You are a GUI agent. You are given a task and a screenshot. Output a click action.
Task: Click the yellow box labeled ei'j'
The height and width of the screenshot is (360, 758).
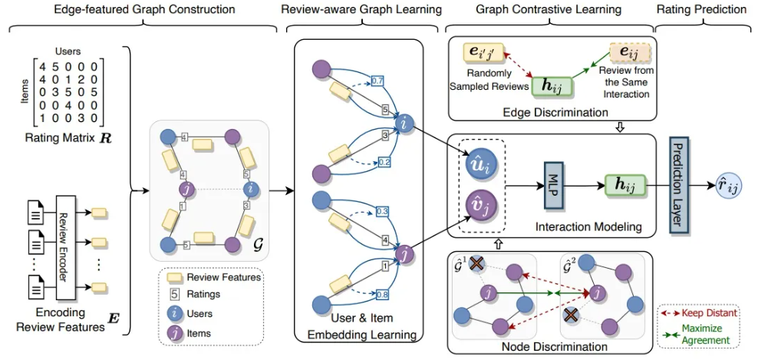click(x=482, y=54)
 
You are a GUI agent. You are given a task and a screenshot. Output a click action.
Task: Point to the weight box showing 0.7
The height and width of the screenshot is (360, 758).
click(x=377, y=80)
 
